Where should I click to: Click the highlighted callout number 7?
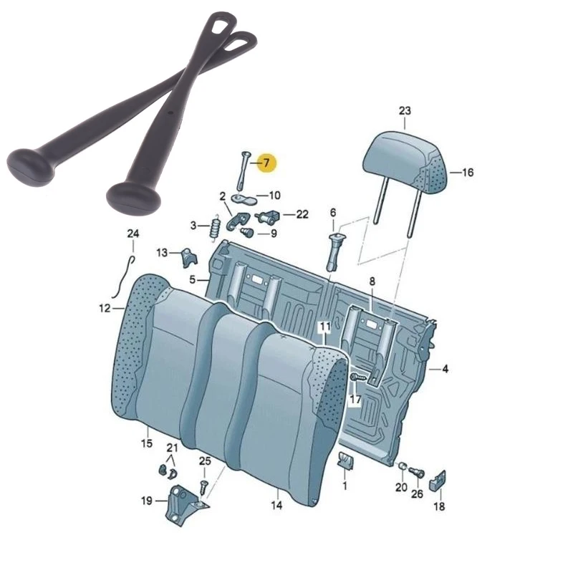[266, 163]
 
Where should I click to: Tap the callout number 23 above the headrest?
[405, 111]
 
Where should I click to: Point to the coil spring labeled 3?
[213, 228]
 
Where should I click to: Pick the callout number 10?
[274, 195]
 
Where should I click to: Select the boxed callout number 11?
[325, 328]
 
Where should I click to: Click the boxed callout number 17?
[355, 399]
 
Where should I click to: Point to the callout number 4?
[445, 370]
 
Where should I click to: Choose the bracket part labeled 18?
[440, 481]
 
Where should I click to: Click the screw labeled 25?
[204, 485]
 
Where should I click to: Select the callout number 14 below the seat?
[276, 506]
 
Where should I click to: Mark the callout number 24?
[132, 233]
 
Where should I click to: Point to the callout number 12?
[105, 309]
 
